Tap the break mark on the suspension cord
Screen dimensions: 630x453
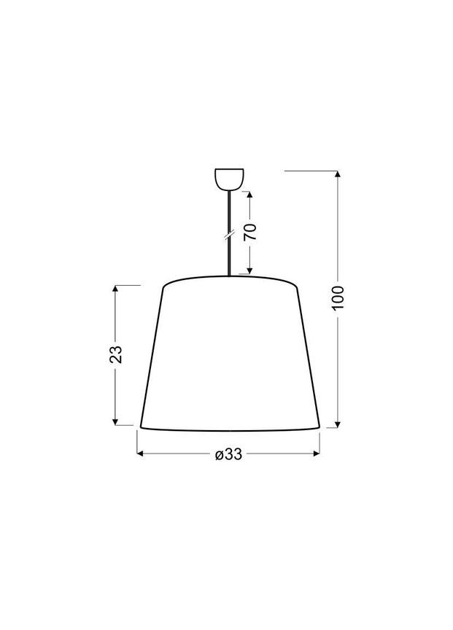click(x=229, y=234)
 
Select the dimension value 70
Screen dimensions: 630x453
click(x=249, y=233)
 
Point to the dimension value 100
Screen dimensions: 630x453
click(x=336, y=297)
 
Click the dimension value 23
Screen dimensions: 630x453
click(x=115, y=354)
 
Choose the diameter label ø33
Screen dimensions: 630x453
click(x=228, y=454)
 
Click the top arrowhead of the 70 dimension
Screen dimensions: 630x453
click(x=249, y=195)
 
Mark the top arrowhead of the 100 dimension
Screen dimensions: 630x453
click(x=336, y=174)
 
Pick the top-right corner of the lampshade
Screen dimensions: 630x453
click(x=297, y=287)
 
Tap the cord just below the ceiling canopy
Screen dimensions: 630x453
click(x=229, y=191)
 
